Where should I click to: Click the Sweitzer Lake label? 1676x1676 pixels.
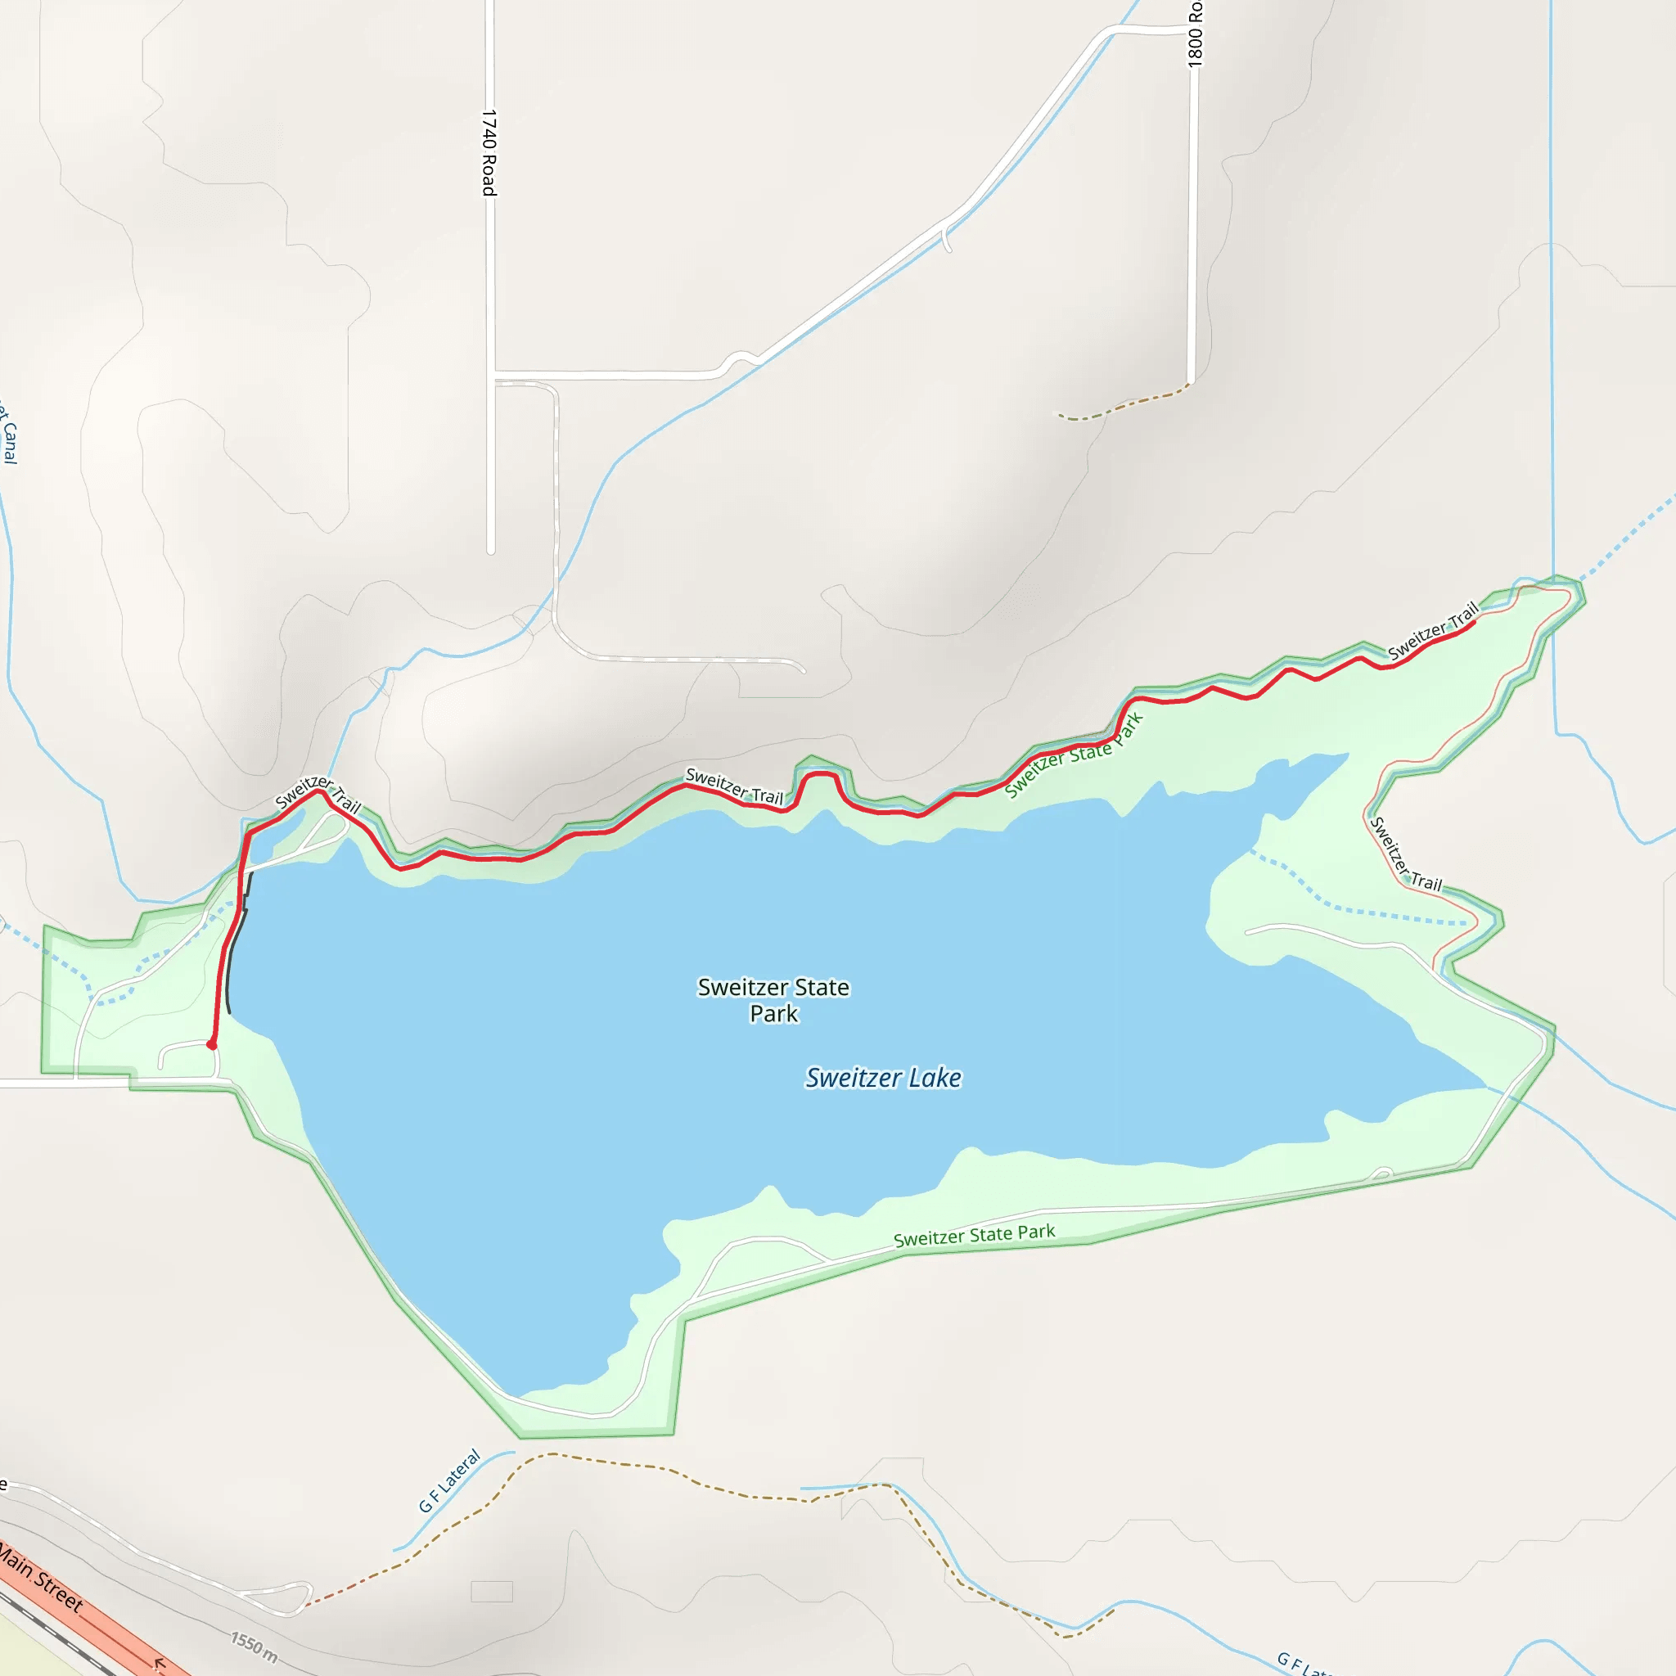pyautogui.click(x=883, y=1078)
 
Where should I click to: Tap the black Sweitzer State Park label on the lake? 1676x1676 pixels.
pyautogui.click(x=773, y=999)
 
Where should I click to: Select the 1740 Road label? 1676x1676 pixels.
pyautogui.click(x=489, y=153)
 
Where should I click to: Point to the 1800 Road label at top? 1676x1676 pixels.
pyautogui.click(x=1196, y=34)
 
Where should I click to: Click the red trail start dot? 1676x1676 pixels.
pyautogui.click(x=212, y=1045)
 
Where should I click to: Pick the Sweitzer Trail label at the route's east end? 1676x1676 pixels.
pyautogui.click(x=1432, y=631)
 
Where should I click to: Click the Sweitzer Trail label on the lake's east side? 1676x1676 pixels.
pyautogui.click(x=1405, y=854)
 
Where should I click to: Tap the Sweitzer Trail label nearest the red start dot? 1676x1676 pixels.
pyautogui.click(x=318, y=794)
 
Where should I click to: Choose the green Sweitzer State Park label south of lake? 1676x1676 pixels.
pyautogui.click(x=974, y=1235)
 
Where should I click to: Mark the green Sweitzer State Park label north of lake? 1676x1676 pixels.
pyautogui.click(x=1074, y=755)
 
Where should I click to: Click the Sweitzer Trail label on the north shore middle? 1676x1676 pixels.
pyautogui.click(x=734, y=785)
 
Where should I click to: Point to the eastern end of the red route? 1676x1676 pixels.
pyautogui.click(x=1475, y=622)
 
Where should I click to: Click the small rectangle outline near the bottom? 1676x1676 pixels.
pyautogui.click(x=492, y=1591)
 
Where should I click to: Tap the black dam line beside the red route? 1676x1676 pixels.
pyautogui.click(x=236, y=945)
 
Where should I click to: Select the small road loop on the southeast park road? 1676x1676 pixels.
pyautogui.click(x=1382, y=1175)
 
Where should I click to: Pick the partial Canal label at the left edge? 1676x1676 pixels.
pyautogui.click(x=8, y=431)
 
